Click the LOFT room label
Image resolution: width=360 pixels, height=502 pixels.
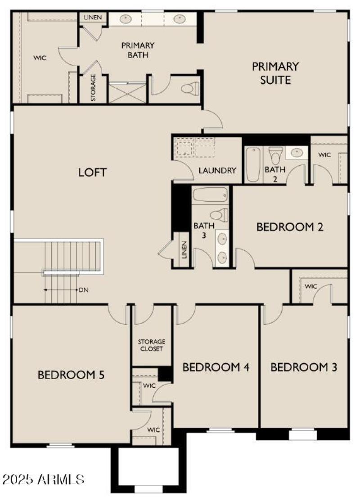pos(92,172)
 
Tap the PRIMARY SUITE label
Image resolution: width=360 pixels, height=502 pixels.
pos(275,73)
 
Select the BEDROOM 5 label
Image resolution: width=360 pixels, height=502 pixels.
pos(71,375)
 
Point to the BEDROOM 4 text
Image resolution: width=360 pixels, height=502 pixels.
pos(216,367)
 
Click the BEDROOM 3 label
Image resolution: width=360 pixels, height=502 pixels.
pos(304,367)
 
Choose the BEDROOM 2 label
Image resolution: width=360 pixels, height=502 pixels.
pos(290,227)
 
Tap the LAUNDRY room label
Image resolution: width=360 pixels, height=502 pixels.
pos(217,171)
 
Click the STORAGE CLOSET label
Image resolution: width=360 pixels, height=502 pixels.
pos(151,345)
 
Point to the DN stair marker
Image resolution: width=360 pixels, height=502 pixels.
pos(83,290)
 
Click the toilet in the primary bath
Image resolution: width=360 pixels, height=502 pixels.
pos(190,88)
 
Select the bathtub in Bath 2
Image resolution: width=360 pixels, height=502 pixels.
pos(253,165)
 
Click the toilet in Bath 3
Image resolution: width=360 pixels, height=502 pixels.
pos(219,215)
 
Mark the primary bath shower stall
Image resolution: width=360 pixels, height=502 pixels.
pos(127,92)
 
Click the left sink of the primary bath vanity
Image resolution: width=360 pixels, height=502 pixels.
pos(126,19)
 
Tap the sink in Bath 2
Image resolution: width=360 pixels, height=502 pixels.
pos(297,152)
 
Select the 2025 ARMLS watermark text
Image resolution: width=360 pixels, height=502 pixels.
pos(43,479)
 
